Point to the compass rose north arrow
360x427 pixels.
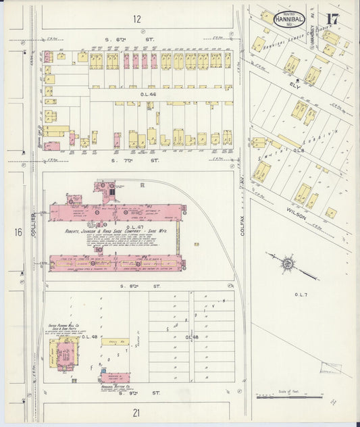coord(288,262)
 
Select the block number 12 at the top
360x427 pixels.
coord(138,19)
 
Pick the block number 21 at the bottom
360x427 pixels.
coord(136,412)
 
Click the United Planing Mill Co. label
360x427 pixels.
coord(65,326)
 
